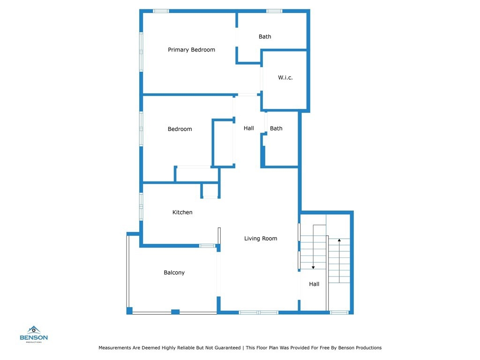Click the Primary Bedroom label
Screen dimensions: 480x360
191,50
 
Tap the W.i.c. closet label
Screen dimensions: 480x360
285,77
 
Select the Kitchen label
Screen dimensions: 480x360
182,212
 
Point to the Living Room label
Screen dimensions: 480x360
261,239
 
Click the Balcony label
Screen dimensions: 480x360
174,272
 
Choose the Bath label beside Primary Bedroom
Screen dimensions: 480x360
265,37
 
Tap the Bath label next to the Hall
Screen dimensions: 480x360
276,128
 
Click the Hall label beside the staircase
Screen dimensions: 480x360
314,284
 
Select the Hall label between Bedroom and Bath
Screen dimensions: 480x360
248,128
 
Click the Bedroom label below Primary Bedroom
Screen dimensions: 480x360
180,129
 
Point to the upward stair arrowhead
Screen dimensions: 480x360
339,240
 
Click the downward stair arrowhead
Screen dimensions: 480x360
313,268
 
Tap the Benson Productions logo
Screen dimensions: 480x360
34,334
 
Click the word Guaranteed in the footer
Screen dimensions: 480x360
227,348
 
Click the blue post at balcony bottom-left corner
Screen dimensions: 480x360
129,311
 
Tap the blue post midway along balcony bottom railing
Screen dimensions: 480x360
175,312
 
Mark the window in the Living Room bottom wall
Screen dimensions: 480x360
258,313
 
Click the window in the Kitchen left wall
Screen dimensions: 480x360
141,206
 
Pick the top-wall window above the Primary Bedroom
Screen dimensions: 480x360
161,11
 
